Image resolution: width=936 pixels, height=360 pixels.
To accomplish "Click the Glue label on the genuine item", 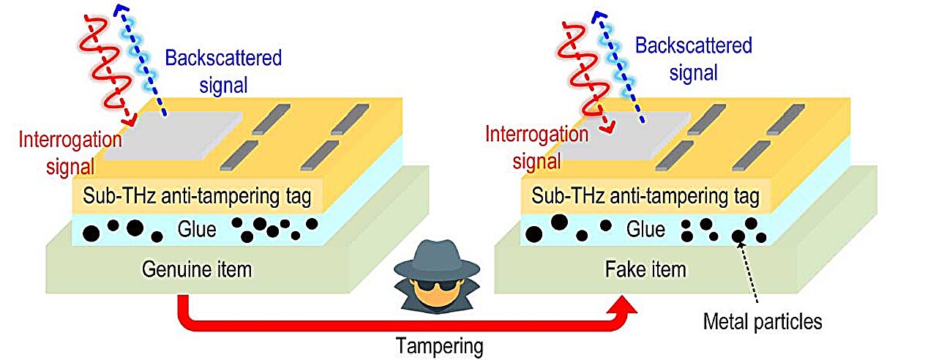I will pos(197,230).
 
